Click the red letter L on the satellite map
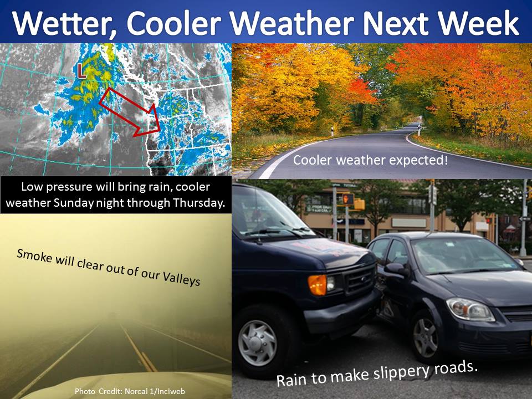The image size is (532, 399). [x=81, y=70]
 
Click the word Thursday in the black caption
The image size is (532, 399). [x=199, y=203]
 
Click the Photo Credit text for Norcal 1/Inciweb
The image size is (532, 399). [x=130, y=391]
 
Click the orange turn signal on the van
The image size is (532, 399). [x=317, y=284]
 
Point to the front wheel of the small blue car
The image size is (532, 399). [x=425, y=337]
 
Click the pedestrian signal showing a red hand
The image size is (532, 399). [x=348, y=199]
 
